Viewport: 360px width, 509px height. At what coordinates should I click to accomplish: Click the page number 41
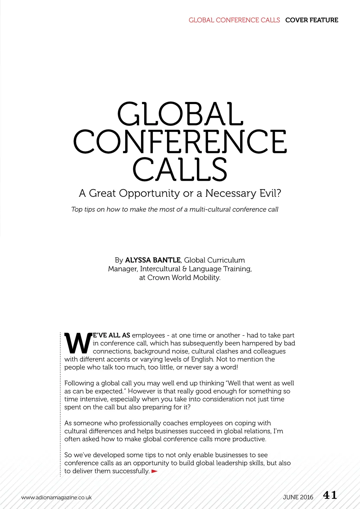pyautogui.click(x=330, y=495)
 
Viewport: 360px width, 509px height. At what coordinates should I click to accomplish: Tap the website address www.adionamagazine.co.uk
pyautogui.click(x=56, y=497)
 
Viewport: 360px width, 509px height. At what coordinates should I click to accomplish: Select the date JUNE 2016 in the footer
pyautogui.click(x=298, y=497)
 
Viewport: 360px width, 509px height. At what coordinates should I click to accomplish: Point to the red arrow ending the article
pyautogui.click(x=154, y=471)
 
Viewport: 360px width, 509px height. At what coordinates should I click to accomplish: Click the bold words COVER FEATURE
pyautogui.click(x=311, y=20)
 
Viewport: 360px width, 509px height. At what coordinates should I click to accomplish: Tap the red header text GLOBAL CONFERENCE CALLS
pyautogui.click(x=234, y=20)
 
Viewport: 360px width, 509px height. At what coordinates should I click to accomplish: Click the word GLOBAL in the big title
pyautogui.click(x=180, y=114)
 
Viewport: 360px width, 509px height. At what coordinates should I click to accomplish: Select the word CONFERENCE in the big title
pyautogui.click(x=180, y=141)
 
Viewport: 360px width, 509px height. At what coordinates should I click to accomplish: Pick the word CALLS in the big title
pyautogui.click(x=180, y=169)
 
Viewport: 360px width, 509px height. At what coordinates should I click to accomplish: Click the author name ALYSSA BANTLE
pyautogui.click(x=153, y=260)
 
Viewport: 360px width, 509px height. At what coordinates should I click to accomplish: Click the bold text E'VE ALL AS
pyautogui.click(x=111, y=335)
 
